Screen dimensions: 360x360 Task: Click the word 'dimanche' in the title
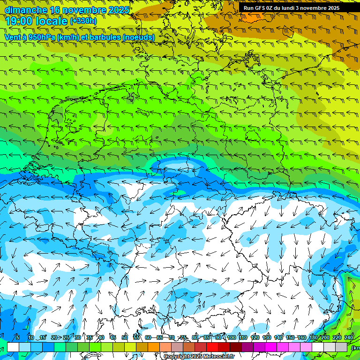click(25, 10)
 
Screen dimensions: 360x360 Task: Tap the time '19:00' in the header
click(21, 21)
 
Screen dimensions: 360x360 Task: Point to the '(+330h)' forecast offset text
click(83, 21)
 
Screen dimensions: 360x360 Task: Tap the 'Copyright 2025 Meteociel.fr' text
click(199, 357)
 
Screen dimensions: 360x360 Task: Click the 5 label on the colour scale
click(18, 338)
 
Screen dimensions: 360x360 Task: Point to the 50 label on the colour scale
click(125, 338)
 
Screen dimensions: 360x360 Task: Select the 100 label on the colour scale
click(231, 338)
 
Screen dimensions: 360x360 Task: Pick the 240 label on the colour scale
click(349, 338)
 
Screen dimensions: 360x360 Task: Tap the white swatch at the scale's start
click(13, 347)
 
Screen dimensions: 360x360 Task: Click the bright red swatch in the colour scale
click(212, 347)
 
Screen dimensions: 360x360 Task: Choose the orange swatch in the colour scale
click(154, 347)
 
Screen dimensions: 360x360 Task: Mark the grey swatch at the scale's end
click(341, 347)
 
